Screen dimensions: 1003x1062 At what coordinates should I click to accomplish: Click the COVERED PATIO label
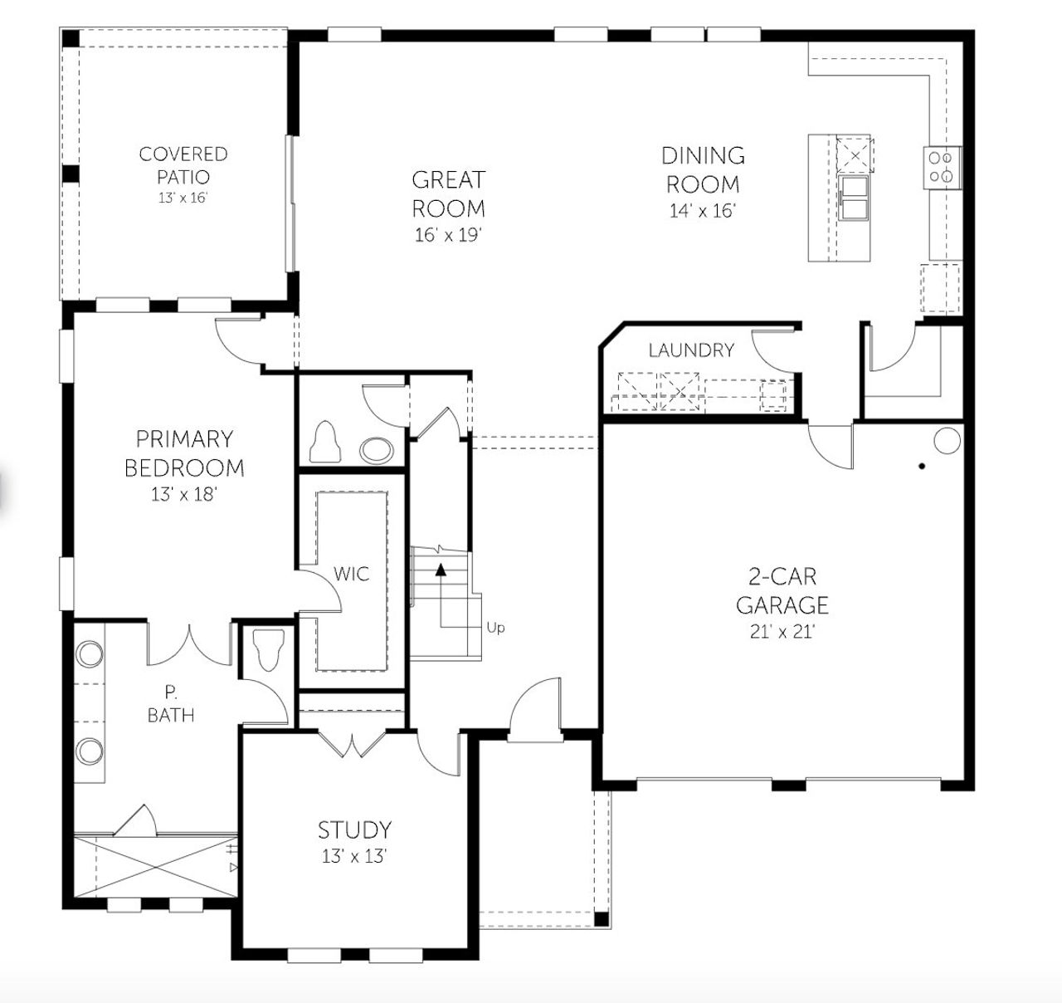tap(183, 165)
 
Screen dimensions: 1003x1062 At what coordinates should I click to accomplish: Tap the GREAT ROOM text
tap(448, 193)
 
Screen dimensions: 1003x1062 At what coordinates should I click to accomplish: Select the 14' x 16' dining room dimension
tap(702, 211)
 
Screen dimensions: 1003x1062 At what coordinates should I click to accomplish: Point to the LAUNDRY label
tap(691, 350)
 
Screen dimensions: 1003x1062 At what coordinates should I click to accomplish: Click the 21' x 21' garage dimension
tap(782, 632)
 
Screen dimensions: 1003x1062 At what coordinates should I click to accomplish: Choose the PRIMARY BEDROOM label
tap(184, 453)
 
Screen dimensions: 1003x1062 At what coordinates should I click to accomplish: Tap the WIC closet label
tap(351, 574)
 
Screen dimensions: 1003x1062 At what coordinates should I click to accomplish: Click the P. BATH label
tap(171, 703)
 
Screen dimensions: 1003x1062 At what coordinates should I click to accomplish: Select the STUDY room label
tap(354, 829)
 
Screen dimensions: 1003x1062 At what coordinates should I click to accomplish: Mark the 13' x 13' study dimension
tap(354, 856)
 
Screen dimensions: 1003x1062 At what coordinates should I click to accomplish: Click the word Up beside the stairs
tap(495, 628)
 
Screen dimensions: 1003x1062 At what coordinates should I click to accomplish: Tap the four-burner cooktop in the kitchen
tap(942, 165)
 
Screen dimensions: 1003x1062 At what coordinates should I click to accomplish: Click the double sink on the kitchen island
tap(852, 198)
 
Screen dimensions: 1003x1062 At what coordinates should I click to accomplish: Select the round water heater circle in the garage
tap(946, 439)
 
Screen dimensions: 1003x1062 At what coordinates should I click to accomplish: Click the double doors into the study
tap(354, 745)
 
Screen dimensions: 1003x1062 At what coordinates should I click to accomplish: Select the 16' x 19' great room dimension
tap(448, 235)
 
